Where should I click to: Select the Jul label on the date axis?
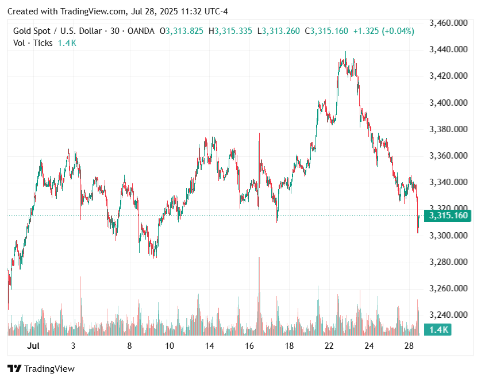tap(33, 346)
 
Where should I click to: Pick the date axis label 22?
tap(329, 346)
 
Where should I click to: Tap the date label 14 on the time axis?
tap(209, 346)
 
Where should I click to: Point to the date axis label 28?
tap(409, 346)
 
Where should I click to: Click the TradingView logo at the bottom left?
tap(41, 369)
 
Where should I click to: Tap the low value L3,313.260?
tap(278, 31)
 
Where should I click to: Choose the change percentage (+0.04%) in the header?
tap(394, 31)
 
